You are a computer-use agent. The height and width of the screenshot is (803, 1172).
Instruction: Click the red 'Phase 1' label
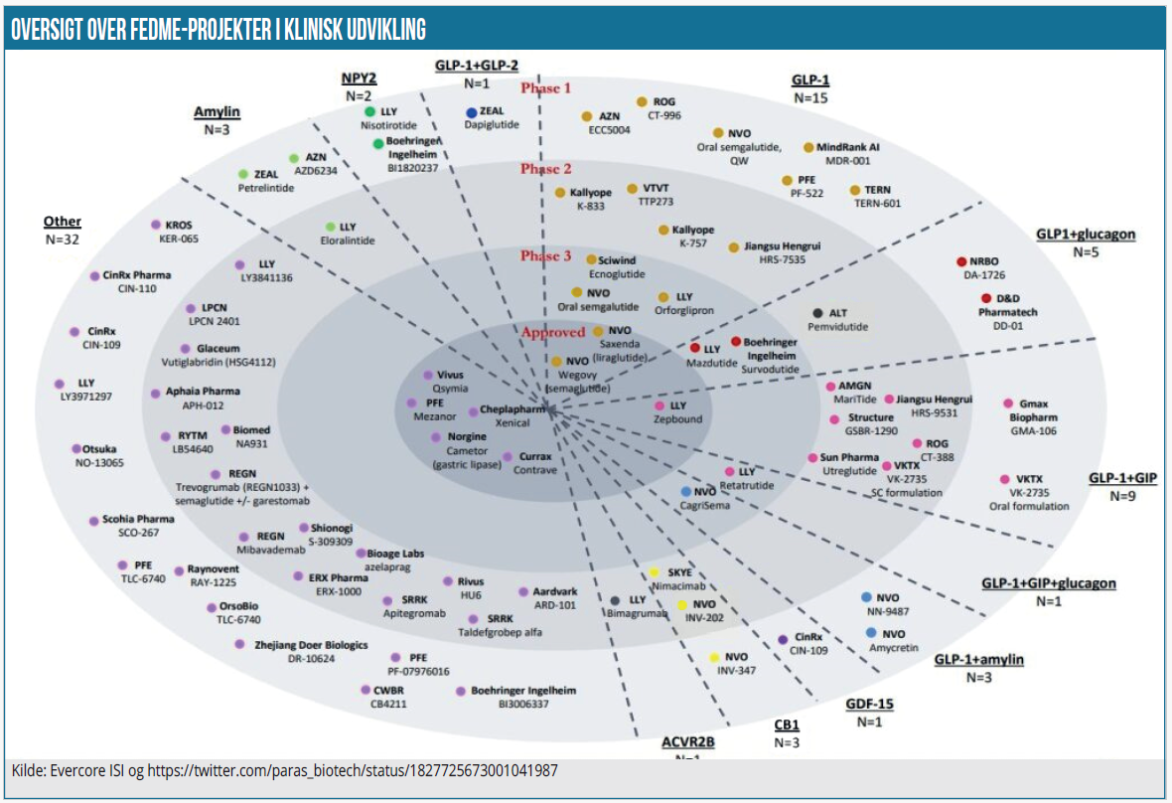point(546,87)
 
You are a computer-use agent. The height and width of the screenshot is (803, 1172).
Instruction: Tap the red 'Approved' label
point(551,332)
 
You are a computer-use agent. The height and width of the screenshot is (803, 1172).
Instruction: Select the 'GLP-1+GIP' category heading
point(1122,477)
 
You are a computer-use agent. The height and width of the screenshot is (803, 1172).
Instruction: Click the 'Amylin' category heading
point(217,112)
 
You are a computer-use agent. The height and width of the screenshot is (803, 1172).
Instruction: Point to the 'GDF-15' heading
point(870,704)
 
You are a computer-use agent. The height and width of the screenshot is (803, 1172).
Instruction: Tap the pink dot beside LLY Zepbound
point(659,405)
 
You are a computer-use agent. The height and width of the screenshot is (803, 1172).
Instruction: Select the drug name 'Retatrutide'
point(748,485)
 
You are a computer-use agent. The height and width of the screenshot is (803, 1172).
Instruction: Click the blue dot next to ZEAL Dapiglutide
point(471,113)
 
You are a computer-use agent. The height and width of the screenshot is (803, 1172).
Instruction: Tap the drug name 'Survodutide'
point(771,369)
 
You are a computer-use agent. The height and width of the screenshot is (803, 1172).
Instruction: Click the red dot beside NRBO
point(961,261)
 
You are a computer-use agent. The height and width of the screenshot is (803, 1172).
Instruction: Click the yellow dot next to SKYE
point(655,572)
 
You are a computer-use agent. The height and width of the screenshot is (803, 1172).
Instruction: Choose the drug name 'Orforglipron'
point(683,310)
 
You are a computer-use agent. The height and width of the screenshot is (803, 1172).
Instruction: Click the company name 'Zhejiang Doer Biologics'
point(311,645)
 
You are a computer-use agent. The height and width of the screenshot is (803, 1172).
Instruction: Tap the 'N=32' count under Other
point(63,239)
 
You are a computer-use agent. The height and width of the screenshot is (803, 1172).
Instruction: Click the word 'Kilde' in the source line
point(28,770)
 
